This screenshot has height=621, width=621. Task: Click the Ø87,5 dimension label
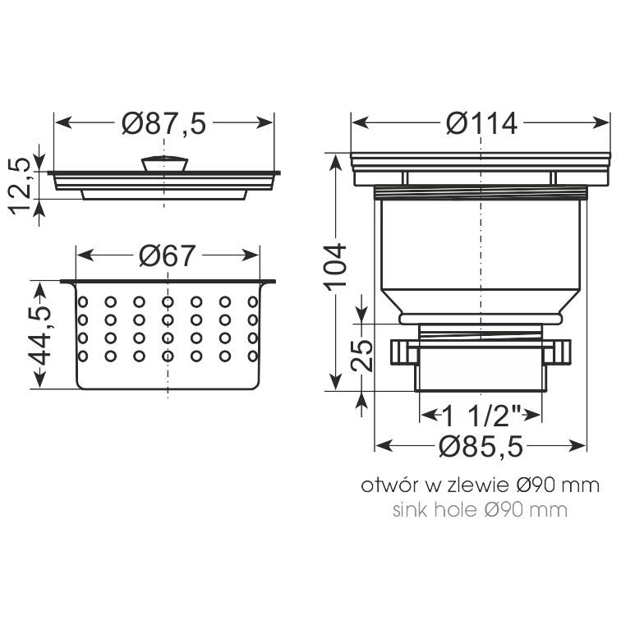tap(164, 123)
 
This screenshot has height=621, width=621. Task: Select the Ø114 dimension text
tap(481, 123)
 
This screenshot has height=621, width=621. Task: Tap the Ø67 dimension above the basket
tap(167, 255)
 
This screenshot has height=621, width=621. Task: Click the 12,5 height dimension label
tap(20, 186)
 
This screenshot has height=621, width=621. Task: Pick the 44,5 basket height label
tap(40, 335)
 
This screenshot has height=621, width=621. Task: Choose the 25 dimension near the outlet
tap(361, 355)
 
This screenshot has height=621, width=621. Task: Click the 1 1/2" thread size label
tap(481, 416)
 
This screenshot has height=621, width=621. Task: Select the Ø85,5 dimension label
tap(481, 447)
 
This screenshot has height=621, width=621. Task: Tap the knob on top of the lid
tap(164, 163)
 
